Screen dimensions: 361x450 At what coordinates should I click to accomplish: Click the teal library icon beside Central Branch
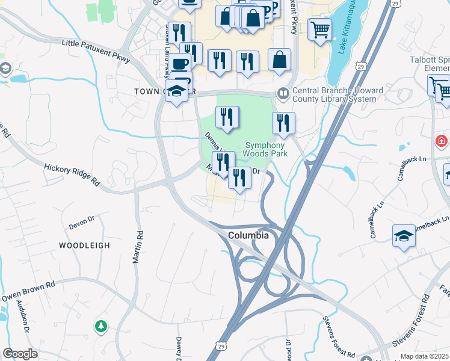tap(282, 93)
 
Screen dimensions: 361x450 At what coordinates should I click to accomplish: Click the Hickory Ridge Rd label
tap(71, 173)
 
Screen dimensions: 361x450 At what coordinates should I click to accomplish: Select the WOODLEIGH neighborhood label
tap(84, 245)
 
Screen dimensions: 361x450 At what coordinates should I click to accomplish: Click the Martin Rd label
tap(139, 247)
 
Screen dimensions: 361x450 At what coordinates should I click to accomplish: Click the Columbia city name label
tap(248, 235)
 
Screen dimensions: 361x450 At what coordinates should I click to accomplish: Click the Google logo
tap(20, 354)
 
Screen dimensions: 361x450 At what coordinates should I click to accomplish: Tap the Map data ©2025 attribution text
tap(425, 356)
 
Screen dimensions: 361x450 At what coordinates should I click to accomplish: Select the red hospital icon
tap(442, 141)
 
